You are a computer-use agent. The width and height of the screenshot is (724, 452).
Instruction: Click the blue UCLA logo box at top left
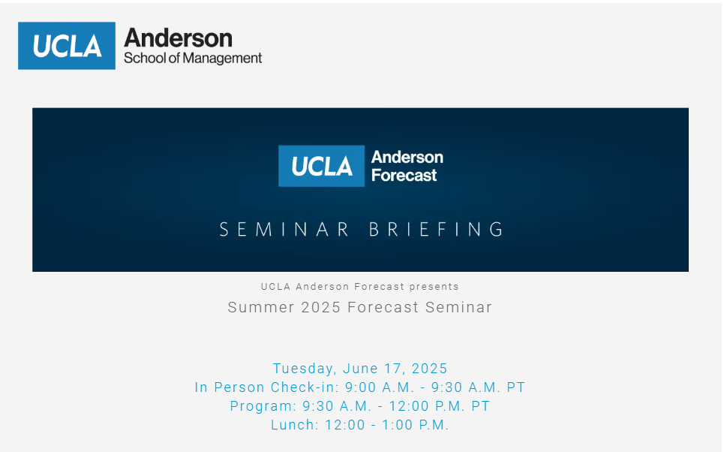click(x=67, y=46)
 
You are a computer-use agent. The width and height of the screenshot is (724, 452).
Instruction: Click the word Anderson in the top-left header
click(x=179, y=38)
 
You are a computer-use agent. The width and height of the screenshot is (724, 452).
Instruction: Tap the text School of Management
click(x=193, y=59)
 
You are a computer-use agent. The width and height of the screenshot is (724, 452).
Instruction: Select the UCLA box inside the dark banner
click(x=321, y=166)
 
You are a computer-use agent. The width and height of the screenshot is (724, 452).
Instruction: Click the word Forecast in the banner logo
click(x=404, y=175)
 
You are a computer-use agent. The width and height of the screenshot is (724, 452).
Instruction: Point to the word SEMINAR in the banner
click(x=284, y=229)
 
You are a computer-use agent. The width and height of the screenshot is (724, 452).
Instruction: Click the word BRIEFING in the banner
click(x=436, y=229)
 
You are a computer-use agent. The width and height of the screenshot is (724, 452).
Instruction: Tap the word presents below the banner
click(x=434, y=287)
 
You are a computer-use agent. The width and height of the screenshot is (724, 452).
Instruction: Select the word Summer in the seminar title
click(x=261, y=307)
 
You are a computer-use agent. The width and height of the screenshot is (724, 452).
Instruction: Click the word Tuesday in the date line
click(x=305, y=369)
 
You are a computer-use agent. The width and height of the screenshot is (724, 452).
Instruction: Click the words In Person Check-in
click(x=267, y=387)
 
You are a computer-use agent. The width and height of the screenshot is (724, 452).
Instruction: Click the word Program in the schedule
click(x=263, y=405)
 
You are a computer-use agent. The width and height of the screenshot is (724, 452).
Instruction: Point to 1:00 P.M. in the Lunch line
click(x=416, y=425)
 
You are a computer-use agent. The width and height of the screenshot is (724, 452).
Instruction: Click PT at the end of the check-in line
click(x=516, y=387)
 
